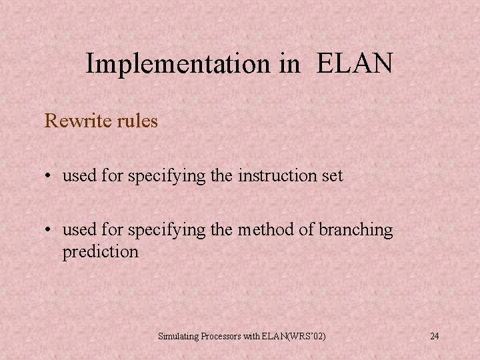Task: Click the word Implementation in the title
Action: (x=176, y=64)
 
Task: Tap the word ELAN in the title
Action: (x=355, y=64)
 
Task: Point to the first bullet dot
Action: (x=49, y=177)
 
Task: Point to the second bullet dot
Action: (x=49, y=230)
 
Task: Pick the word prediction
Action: (x=101, y=252)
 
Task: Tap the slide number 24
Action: (x=434, y=336)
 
